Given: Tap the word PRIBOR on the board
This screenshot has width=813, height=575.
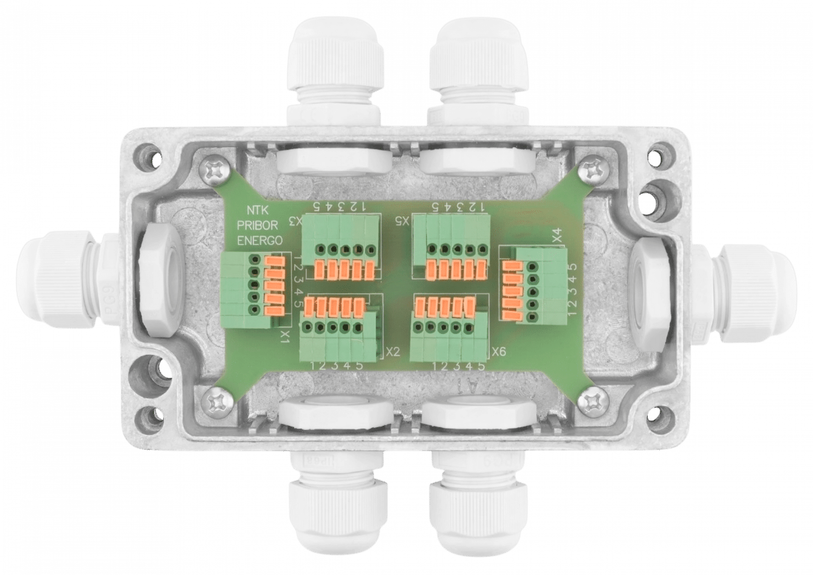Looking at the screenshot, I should (x=257, y=225).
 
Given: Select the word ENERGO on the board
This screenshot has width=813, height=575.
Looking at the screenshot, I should (x=260, y=240).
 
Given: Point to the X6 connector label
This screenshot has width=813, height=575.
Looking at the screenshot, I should (x=499, y=351).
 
